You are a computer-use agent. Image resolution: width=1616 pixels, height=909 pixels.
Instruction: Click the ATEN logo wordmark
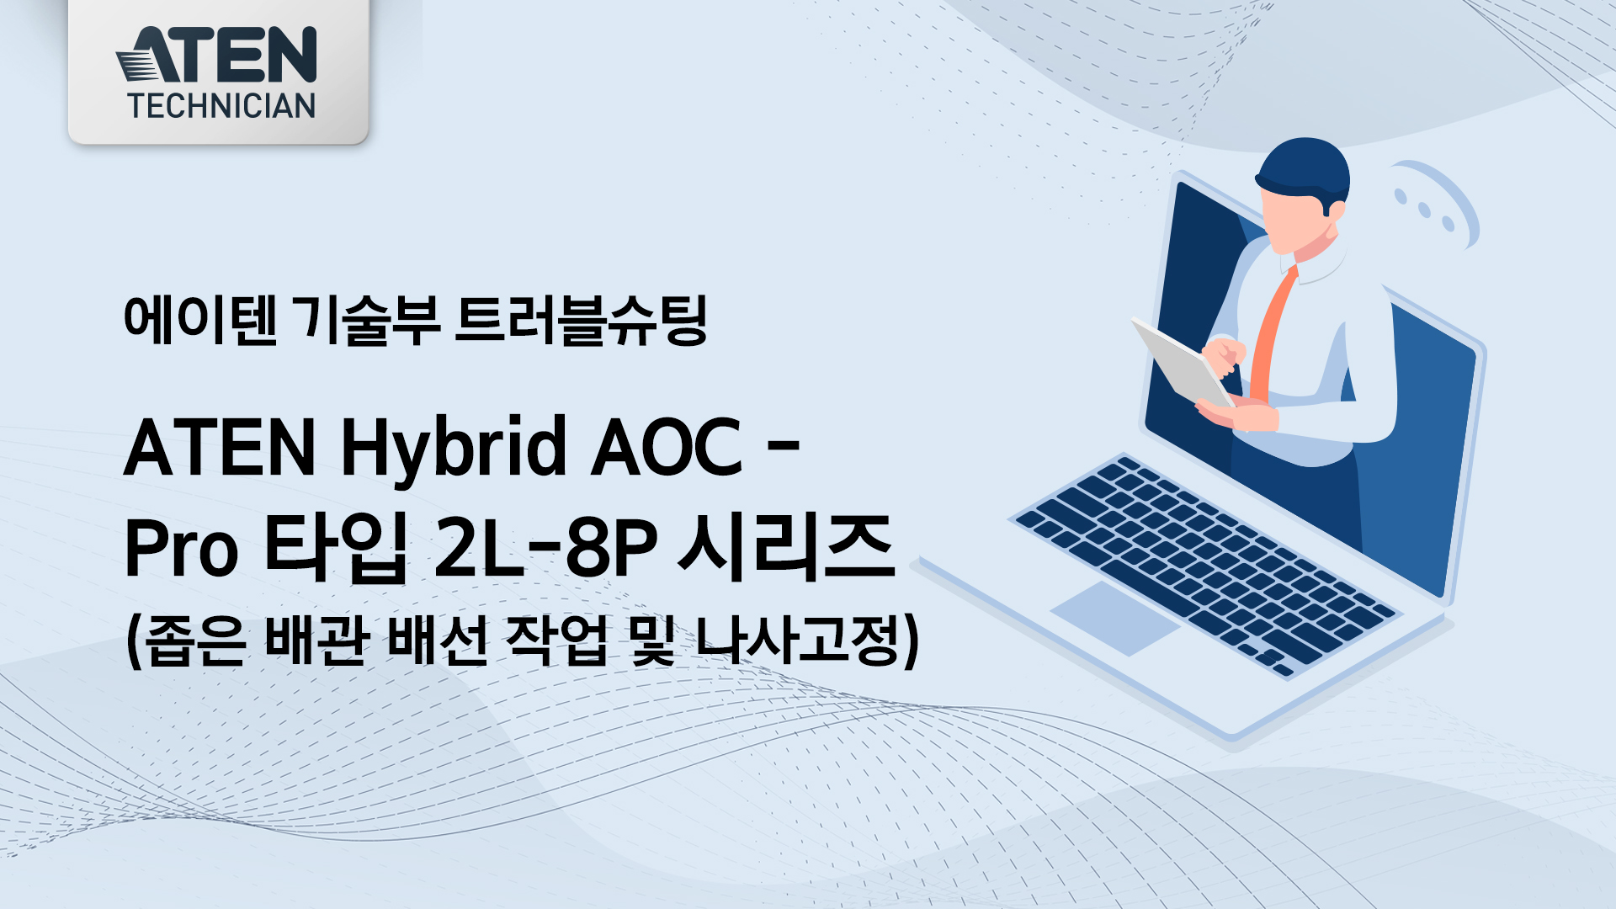click(x=216, y=55)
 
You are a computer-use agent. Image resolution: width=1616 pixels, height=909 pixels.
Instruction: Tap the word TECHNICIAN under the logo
click(x=222, y=106)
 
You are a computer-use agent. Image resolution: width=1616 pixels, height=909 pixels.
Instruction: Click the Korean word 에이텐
click(x=200, y=321)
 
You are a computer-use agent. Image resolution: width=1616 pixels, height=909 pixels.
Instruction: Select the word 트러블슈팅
click(x=581, y=321)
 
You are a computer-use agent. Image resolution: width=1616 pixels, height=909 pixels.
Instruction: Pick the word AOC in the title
click(x=667, y=447)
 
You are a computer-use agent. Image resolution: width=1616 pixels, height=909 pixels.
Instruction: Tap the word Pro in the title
click(x=182, y=549)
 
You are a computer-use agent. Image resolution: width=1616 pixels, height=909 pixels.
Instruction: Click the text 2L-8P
click(x=545, y=549)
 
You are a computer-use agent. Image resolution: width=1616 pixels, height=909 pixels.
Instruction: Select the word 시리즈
click(x=786, y=549)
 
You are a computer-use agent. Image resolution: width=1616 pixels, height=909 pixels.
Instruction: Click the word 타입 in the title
click(x=337, y=549)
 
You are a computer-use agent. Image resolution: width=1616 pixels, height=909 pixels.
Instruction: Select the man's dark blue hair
click(x=1304, y=173)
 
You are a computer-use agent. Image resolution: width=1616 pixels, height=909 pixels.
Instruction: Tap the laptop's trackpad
click(x=1115, y=618)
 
